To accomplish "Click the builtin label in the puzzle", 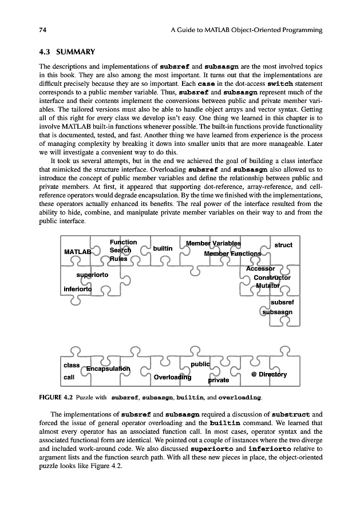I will click(163, 248).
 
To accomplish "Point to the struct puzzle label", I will click(283, 245).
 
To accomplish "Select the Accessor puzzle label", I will click(260, 268).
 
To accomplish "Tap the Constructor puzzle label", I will click(272, 278).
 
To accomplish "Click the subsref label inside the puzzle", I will click(282, 302).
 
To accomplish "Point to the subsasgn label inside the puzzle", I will click(278, 312).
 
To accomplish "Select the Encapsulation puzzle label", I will click(108, 369).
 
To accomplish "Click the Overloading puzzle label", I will click(172, 377).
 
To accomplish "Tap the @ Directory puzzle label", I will click(269, 375).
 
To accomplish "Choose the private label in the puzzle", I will click(218, 379).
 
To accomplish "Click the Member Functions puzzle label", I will click(232, 253).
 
